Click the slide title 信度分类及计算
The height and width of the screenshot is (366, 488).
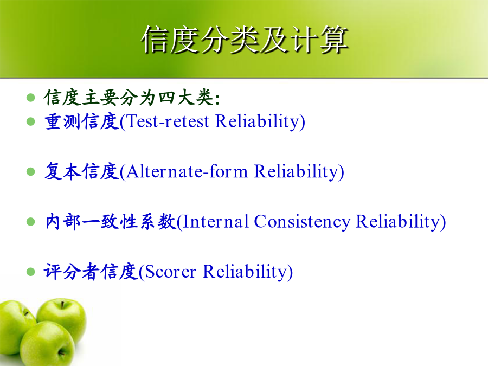245,40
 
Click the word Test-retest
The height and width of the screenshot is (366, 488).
168,121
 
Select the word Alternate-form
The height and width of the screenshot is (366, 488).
187,171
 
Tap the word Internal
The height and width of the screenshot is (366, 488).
216,222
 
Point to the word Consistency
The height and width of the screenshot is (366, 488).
302,222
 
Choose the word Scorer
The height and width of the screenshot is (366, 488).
171,272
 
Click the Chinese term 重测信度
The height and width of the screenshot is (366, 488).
82,121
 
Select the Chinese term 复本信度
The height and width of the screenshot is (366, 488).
82,171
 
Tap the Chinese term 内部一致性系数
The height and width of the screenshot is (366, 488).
111,222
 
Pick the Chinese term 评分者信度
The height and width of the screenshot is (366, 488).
91,272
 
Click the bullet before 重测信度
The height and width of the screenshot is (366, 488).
31,121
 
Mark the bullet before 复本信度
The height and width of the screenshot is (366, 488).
31,171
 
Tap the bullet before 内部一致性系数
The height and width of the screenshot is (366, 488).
31,222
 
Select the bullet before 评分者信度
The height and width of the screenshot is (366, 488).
31,272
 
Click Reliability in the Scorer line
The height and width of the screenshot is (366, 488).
245,272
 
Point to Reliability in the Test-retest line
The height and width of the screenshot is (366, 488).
258,122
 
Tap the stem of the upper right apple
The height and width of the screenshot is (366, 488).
62,304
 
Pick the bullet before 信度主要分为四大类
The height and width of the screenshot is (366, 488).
31,98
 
